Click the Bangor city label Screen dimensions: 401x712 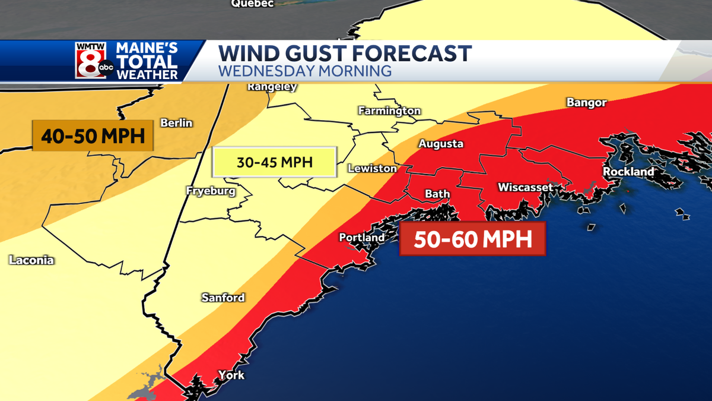[x=586, y=103]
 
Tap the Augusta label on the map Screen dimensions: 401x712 [x=441, y=144]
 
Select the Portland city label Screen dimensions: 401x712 [x=361, y=238]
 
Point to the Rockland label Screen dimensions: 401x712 [x=628, y=172]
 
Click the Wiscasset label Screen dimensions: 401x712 [x=525, y=187]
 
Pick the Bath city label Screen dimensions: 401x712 [x=438, y=194]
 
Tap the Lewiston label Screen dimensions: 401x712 [x=372, y=169]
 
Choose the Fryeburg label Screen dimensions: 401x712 [x=211, y=191]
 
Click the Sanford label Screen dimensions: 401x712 [x=223, y=298]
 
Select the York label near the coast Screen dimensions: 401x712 [x=231, y=375]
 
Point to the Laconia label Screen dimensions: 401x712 [x=31, y=260]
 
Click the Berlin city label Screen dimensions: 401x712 [x=176, y=123]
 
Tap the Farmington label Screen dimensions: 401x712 [x=389, y=111]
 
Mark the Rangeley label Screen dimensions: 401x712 [x=272, y=87]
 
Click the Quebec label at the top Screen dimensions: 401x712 [x=252, y=4]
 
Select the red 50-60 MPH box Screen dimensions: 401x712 [x=472, y=239]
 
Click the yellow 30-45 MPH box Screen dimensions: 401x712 [x=274, y=162]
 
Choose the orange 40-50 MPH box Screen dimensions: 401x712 [x=93, y=136]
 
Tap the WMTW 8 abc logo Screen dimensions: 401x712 [x=93, y=60]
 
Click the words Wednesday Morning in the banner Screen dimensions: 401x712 [x=305, y=71]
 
